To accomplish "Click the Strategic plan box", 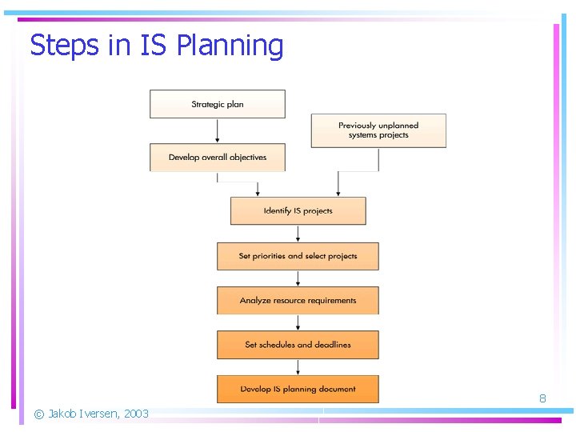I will [x=218, y=104].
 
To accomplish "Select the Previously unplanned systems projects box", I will [x=378, y=130].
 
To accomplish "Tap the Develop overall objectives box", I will [x=218, y=157].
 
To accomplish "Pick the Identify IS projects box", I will [x=298, y=210].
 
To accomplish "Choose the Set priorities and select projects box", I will [x=298, y=256].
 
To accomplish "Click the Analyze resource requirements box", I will [x=298, y=301].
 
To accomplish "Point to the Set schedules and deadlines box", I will [x=298, y=345].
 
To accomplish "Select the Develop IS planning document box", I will [x=298, y=389].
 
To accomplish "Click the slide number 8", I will [x=542, y=398].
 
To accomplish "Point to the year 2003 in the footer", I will [x=136, y=414].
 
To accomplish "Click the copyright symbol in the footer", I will [x=38, y=414].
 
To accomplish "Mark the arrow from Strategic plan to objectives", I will [x=218, y=131].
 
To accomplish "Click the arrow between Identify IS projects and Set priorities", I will [x=298, y=234].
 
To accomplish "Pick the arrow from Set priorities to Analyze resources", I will [x=298, y=278].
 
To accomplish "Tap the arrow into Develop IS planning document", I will [x=298, y=367].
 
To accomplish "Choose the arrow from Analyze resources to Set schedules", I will [x=298, y=322].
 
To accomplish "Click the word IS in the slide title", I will [x=153, y=46].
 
